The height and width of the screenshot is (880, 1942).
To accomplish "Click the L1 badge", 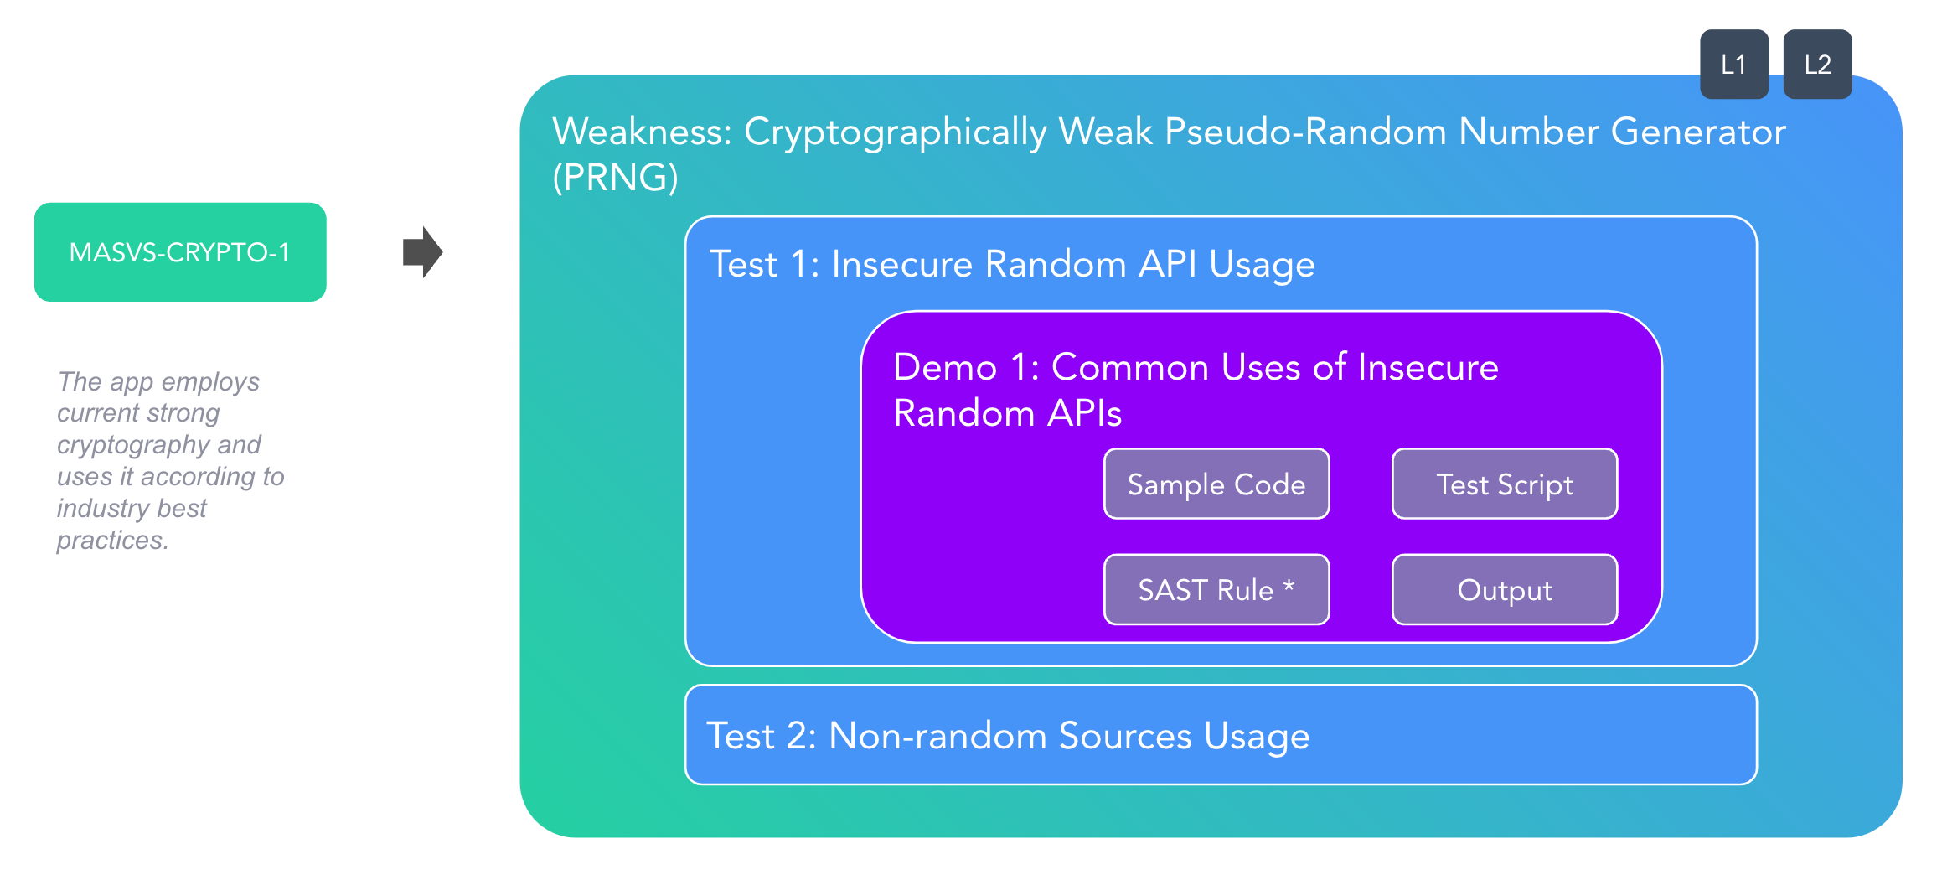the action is pyautogui.click(x=1733, y=65).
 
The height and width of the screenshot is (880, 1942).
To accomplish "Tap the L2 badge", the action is pyautogui.click(x=1817, y=65).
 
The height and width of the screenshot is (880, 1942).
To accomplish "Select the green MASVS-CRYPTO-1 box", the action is pyautogui.click(x=180, y=251).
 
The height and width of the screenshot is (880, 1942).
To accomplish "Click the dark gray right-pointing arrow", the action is pyautogui.click(x=422, y=251).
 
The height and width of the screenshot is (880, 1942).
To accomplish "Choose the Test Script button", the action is pyautogui.click(x=1505, y=484).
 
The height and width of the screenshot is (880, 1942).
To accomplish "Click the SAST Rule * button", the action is pyautogui.click(x=1216, y=589).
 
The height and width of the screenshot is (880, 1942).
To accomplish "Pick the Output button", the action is pyautogui.click(x=1505, y=589).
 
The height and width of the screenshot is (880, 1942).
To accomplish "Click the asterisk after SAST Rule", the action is pyautogui.click(x=1289, y=586).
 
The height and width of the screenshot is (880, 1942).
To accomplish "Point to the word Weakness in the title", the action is pyautogui.click(x=643, y=132).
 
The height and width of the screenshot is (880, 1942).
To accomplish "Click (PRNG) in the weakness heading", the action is pyautogui.click(x=616, y=178).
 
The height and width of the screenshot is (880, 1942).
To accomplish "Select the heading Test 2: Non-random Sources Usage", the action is pyautogui.click(x=1008, y=736).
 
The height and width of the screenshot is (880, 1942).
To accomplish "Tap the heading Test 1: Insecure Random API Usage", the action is pyautogui.click(x=1012, y=264).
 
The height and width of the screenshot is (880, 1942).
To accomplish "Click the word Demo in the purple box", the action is pyautogui.click(x=945, y=367).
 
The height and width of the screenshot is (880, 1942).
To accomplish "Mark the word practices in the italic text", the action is pyautogui.click(x=113, y=541).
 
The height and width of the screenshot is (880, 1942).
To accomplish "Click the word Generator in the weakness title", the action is pyautogui.click(x=1698, y=132).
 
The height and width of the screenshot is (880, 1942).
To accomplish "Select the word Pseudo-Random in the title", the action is pyautogui.click(x=1305, y=132).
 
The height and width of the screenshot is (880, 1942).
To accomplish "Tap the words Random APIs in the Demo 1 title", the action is pyautogui.click(x=1008, y=413).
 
